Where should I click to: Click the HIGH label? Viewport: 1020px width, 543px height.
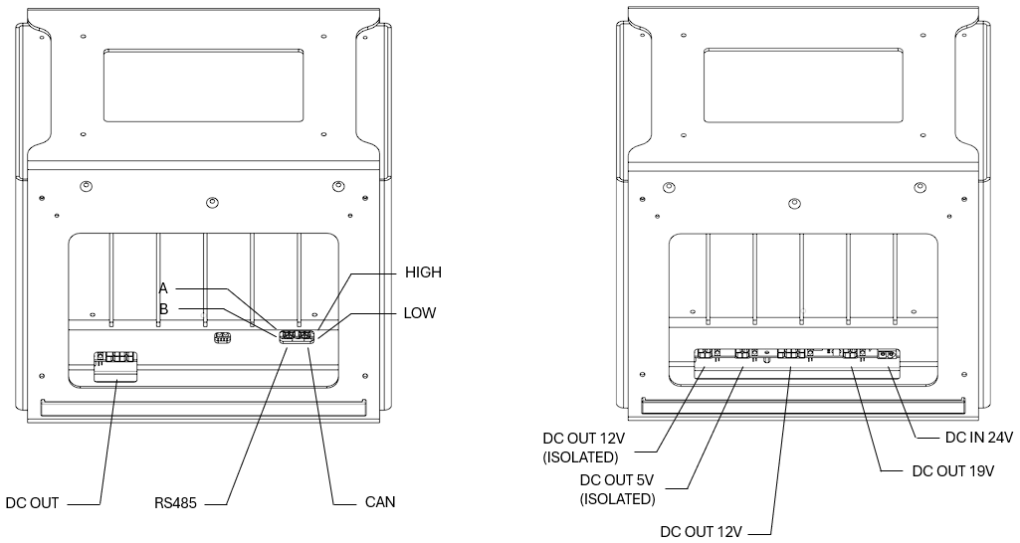coord(423,272)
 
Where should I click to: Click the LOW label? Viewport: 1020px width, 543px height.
coord(420,313)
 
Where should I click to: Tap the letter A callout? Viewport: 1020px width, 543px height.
coord(163,288)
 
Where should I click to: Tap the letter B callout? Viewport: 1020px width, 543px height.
coord(163,309)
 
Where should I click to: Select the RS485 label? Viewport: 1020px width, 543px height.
coord(175,502)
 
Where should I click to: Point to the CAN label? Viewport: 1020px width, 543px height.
coord(380,502)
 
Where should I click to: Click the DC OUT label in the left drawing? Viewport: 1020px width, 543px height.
coord(32,502)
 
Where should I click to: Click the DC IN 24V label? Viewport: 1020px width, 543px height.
coord(978,438)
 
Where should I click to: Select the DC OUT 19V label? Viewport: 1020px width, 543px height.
coord(953,470)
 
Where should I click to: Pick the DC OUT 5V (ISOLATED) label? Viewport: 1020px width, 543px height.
coord(617,489)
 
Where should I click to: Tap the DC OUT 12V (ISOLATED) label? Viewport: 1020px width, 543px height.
coord(581,448)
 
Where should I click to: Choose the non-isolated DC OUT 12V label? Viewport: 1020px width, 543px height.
coord(701,531)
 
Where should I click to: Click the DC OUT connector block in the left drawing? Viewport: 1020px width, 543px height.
coord(115,365)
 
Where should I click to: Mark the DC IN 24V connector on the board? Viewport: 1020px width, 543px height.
coord(885,354)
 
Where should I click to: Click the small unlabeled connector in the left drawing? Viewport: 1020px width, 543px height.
coord(223,337)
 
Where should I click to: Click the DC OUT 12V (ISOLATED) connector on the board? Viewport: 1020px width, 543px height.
coord(708,354)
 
